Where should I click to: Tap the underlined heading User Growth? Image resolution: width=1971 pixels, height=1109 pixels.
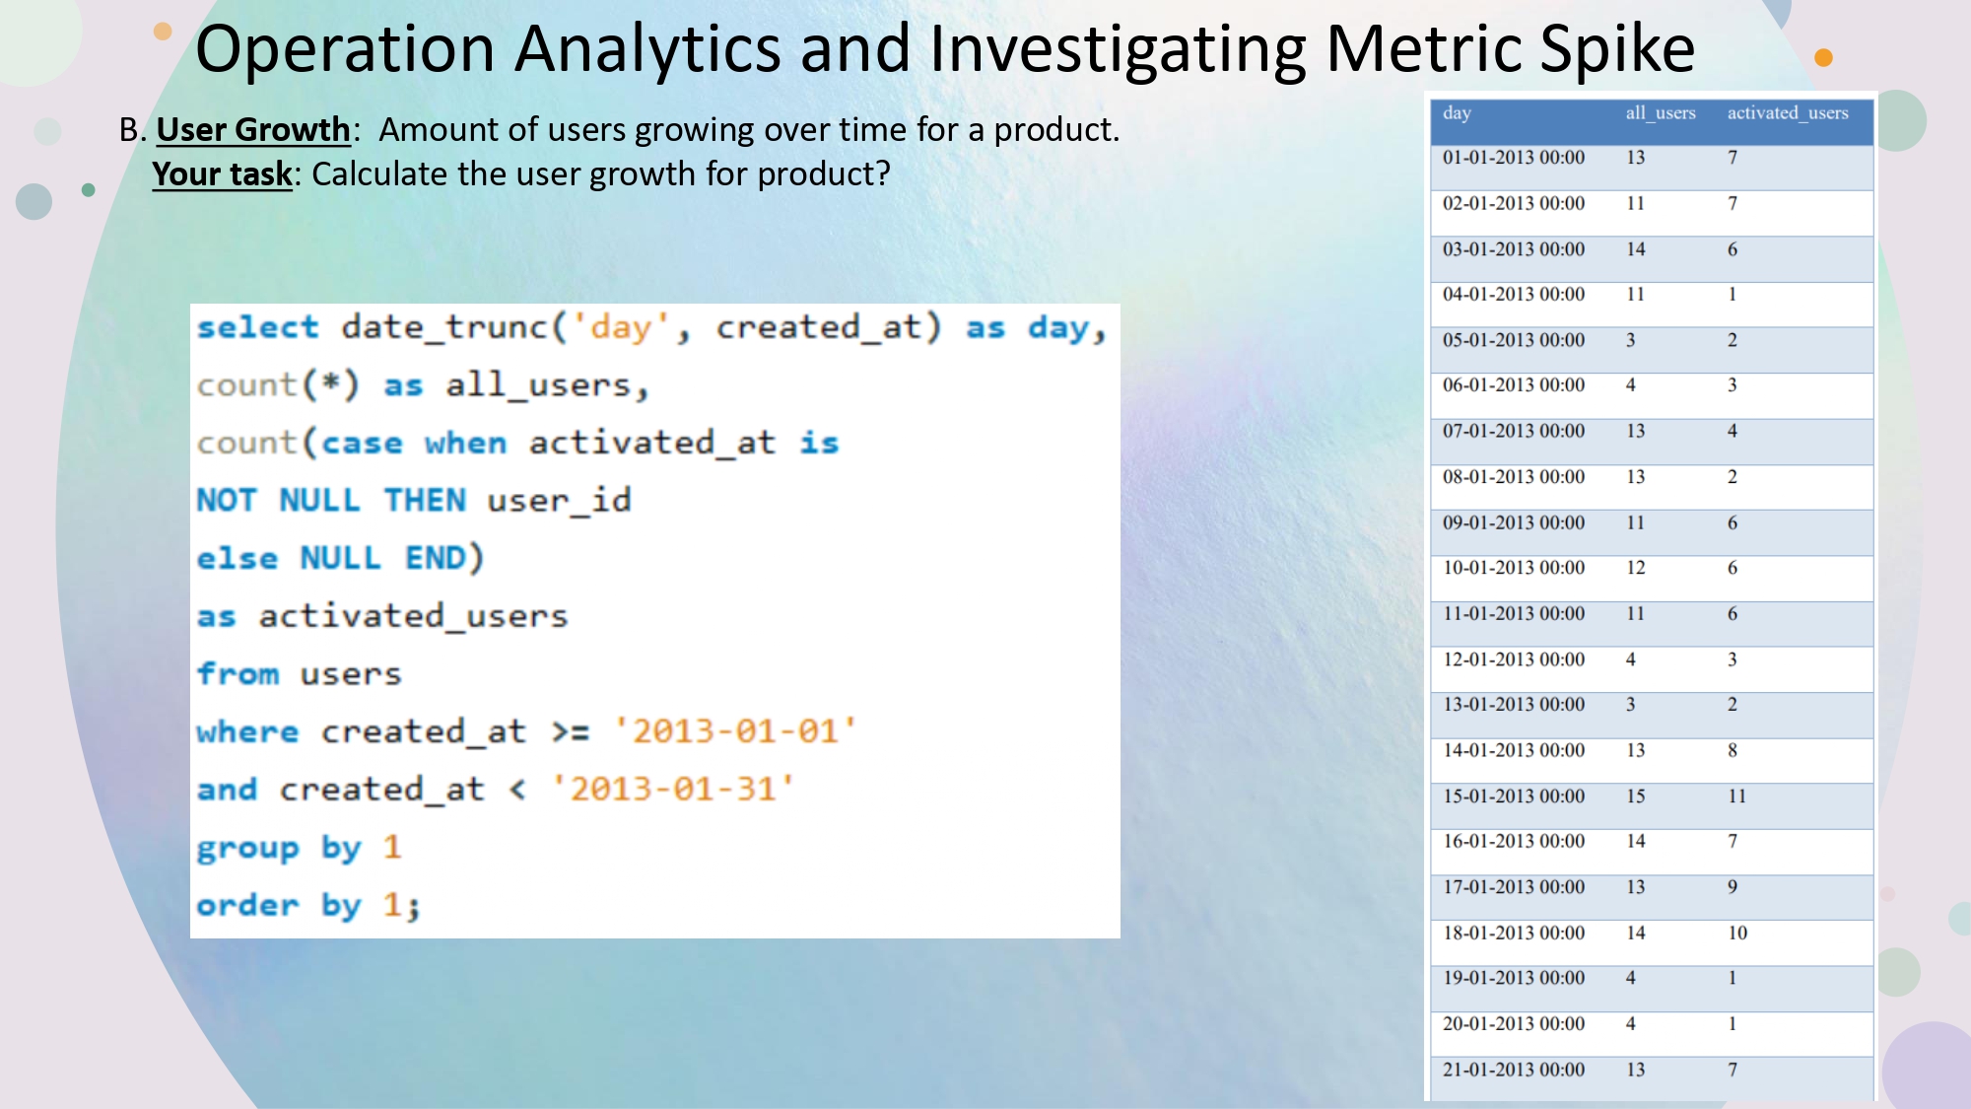[x=253, y=129]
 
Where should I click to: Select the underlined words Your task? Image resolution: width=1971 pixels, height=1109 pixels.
[x=223, y=173]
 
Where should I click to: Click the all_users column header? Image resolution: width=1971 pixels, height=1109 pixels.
[x=1660, y=113]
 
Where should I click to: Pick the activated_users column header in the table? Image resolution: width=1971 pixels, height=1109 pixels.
[x=1787, y=113]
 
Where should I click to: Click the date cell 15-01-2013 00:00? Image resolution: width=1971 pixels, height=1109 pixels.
[x=1514, y=796]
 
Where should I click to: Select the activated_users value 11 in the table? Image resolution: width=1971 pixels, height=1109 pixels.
[x=1736, y=796]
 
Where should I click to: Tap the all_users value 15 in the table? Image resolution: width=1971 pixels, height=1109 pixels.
[x=1636, y=796]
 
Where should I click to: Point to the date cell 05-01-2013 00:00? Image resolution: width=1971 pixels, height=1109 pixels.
[x=1514, y=340]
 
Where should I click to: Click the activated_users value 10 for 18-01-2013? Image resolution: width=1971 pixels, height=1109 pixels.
[x=1736, y=933]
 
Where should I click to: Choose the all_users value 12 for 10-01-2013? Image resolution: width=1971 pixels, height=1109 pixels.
[x=1636, y=568]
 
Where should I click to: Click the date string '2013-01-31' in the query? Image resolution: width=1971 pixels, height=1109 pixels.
[x=674, y=789]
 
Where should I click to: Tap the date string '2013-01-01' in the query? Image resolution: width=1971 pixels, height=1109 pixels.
[x=735, y=731]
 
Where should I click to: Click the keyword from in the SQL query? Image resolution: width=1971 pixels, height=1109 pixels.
[x=238, y=674]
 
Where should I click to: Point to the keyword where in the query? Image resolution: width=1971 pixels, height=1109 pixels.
[x=246, y=731]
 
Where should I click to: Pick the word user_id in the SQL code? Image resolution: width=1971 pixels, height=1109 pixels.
[x=559, y=501]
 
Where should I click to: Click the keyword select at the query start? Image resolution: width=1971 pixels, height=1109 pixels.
[x=257, y=326]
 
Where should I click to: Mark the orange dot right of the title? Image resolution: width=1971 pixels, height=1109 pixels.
[x=1823, y=58]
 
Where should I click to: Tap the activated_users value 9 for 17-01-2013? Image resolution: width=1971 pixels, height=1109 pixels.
[x=1733, y=887]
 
